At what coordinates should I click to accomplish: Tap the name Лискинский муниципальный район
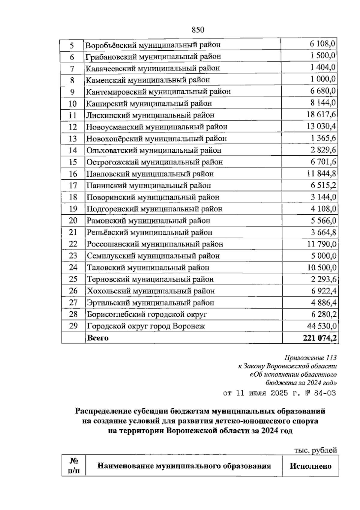pyautogui.click(x=150, y=115)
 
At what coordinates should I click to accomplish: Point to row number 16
pyautogui.click(x=73, y=174)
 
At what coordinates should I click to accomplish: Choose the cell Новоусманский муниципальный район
pyautogui.click(x=157, y=127)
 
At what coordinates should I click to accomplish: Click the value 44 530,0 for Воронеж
pyautogui.click(x=322, y=326)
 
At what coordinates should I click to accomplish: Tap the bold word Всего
pyautogui.click(x=97, y=338)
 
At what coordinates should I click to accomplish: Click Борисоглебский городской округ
pyautogui.click(x=147, y=314)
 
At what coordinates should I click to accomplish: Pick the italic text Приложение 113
pyautogui.click(x=310, y=358)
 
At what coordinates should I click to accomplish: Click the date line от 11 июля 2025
pyautogui.click(x=279, y=393)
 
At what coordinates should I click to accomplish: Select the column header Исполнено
pyautogui.click(x=310, y=466)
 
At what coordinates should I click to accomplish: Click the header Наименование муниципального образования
pyautogui.click(x=184, y=466)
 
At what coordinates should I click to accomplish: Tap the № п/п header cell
pyautogui.click(x=73, y=466)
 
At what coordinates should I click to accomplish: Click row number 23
pyautogui.click(x=73, y=256)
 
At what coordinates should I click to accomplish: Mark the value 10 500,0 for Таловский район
pyautogui.click(x=322, y=267)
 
